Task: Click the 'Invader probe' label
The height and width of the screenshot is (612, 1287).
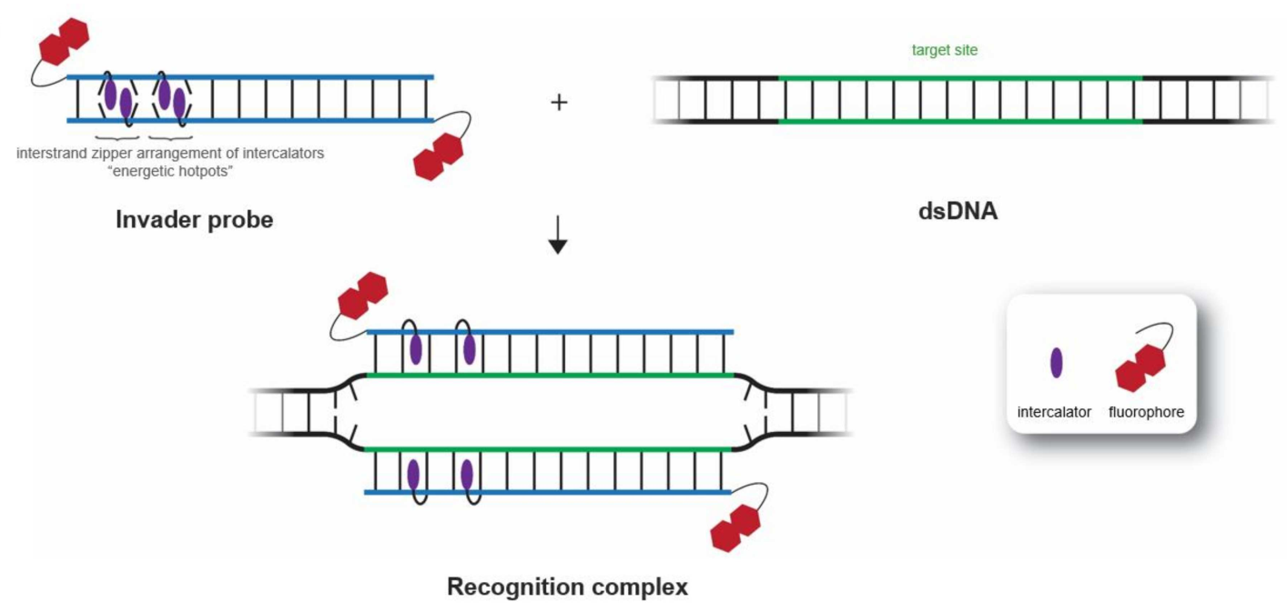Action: (x=194, y=219)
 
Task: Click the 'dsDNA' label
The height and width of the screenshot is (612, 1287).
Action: (x=958, y=215)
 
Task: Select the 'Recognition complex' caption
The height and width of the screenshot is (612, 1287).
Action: (x=567, y=587)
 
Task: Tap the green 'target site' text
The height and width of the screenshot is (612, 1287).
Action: (x=945, y=51)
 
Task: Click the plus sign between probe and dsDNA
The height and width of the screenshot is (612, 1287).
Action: (x=559, y=102)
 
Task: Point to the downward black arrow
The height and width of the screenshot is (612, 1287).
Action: (x=558, y=242)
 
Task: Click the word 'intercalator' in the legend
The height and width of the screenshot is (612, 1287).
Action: (x=1054, y=412)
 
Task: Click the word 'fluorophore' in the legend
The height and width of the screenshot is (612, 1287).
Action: (x=1146, y=412)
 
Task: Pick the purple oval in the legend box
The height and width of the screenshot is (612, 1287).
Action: (x=1056, y=363)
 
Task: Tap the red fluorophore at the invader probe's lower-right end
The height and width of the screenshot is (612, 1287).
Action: (x=439, y=155)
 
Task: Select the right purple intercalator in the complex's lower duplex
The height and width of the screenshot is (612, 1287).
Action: (x=467, y=474)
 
